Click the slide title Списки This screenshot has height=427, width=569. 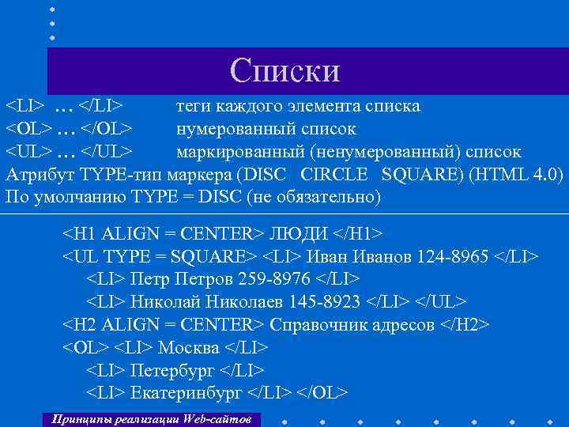point(284,70)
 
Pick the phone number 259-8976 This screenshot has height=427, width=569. point(273,280)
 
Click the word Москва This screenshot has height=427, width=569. point(190,348)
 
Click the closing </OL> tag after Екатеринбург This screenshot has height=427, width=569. point(323,393)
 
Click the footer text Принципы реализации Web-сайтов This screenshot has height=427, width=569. point(150,418)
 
